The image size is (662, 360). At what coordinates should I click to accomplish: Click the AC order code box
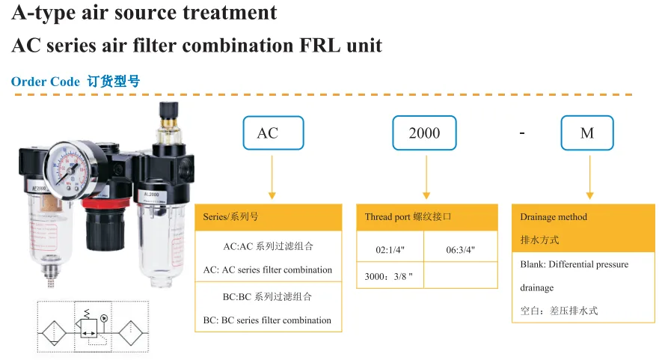[273, 133]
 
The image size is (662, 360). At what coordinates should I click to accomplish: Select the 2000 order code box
[424, 133]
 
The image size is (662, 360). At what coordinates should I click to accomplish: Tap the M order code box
[587, 133]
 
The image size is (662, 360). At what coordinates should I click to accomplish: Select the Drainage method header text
[554, 217]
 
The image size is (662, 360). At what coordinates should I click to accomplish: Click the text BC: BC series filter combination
[267, 320]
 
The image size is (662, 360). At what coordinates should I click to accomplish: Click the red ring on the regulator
[104, 204]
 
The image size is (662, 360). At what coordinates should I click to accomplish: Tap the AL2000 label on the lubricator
[151, 195]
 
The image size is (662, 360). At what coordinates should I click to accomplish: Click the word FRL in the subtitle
[319, 45]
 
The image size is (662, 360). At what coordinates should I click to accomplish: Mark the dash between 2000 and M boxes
[522, 133]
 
